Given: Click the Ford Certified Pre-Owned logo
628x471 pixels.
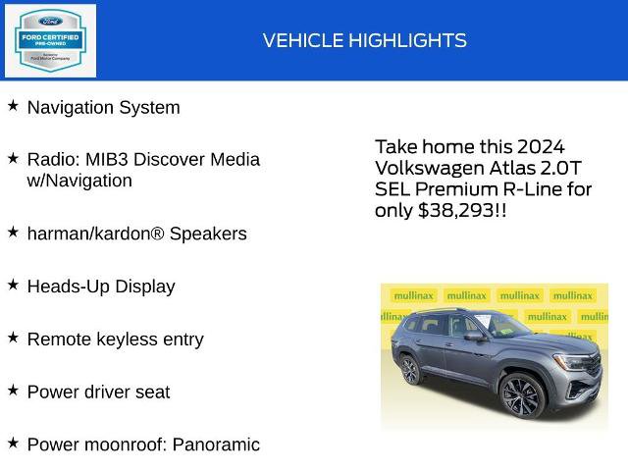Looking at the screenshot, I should [x=50, y=40].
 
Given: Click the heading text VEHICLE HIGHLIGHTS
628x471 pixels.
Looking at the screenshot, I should [x=364, y=40].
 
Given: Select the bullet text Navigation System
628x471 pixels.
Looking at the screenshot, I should [x=103, y=108].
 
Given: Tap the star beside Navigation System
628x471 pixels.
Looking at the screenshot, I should [x=13, y=105].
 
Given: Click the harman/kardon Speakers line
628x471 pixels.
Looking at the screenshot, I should [x=136, y=234].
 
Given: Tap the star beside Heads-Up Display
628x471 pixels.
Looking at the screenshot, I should [x=13, y=284].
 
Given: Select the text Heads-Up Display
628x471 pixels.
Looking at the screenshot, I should [x=100, y=287].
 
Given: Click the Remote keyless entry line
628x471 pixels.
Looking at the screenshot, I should [x=115, y=340].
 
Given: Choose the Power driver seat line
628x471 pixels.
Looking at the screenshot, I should [x=98, y=392].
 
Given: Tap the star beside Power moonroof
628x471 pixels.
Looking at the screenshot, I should [x=13, y=443].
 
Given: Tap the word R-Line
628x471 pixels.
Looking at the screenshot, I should [x=530, y=188].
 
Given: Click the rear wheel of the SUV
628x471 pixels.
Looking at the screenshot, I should [x=409, y=370].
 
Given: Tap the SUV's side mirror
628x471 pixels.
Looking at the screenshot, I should [x=474, y=337].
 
